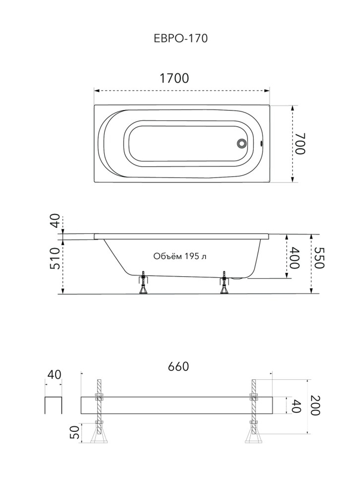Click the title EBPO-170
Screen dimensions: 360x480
(x=181, y=39)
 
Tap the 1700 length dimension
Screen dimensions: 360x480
(x=174, y=78)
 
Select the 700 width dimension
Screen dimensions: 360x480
(x=300, y=144)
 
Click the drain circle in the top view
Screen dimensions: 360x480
(x=242, y=143)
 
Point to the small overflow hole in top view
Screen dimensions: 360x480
(x=261, y=144)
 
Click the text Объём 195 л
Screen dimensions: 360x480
(x=180, y=256)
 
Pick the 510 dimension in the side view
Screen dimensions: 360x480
(x=55, y=258)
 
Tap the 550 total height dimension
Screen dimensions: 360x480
(x=319, y=258)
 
